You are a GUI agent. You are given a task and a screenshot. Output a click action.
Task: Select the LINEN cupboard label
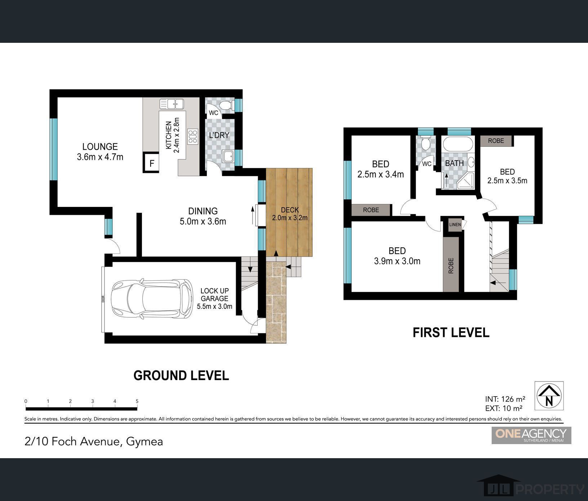click(x=455, y=225)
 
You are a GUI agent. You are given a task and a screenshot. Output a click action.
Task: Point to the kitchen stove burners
click(x=193, y=137)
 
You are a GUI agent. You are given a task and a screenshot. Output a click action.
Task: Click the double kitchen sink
click(x=172, y=104)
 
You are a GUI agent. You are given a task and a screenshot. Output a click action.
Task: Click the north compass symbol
click(x=549, y=396)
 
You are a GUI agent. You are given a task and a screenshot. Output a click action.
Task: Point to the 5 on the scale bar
click(x=137, y=401)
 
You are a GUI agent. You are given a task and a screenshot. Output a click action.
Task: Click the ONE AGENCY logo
click(x=531, y=435)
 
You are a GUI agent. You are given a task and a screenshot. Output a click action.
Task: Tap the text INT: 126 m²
click(x=505, y=399)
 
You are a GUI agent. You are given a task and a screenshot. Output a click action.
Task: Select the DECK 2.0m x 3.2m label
click(x=290, y=214)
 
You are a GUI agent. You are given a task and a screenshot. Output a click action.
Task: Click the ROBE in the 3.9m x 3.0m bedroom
click(x=451, y=265)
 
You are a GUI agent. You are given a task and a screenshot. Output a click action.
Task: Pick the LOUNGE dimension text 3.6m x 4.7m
click(x=100, y=157)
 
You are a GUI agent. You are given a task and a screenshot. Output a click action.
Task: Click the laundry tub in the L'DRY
click(x=228, y=157)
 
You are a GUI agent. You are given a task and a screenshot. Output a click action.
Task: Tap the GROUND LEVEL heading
click(x=181, y=375)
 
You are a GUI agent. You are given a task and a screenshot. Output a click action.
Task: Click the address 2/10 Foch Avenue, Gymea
click(x=94, y=441)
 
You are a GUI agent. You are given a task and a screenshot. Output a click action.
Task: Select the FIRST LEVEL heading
click(x=451, y=333)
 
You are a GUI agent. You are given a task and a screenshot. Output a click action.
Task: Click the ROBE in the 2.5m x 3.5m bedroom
click(x=496, y=141)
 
